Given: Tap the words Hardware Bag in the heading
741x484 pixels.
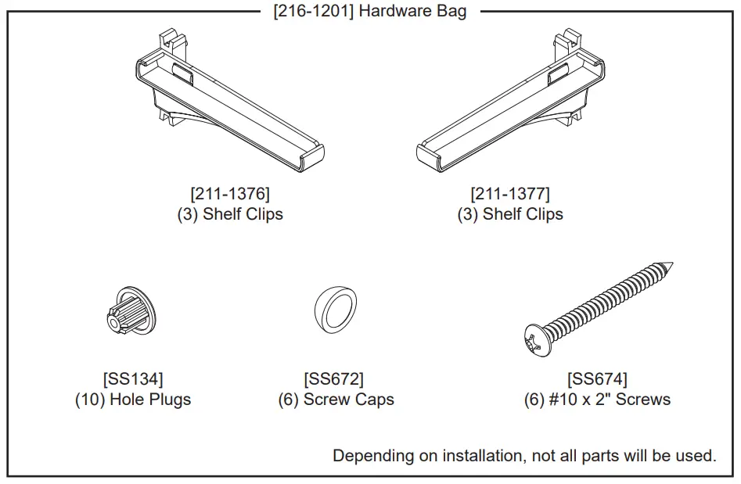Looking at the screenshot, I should tap(412, 12).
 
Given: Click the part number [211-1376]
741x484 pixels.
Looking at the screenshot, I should tap(230, 193).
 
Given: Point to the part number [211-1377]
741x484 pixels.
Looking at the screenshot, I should tap(510, 193).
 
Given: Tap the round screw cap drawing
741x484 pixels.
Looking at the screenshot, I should tap(335, 310).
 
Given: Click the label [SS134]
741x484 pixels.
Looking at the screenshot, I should tap(133, 379).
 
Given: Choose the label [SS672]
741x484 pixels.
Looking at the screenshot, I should tap(334, 379).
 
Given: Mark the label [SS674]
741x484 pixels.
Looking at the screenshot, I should tap(597, 379).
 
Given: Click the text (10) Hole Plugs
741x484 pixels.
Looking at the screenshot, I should tap(133, 400).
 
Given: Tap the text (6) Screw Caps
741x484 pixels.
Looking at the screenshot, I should tap(336, 400).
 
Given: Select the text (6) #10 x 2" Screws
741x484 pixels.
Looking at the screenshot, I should tap(597, 400).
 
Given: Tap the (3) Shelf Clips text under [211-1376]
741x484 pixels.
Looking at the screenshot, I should tap(230, 214).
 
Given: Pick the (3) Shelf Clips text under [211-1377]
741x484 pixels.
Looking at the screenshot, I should tap(510, 214).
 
